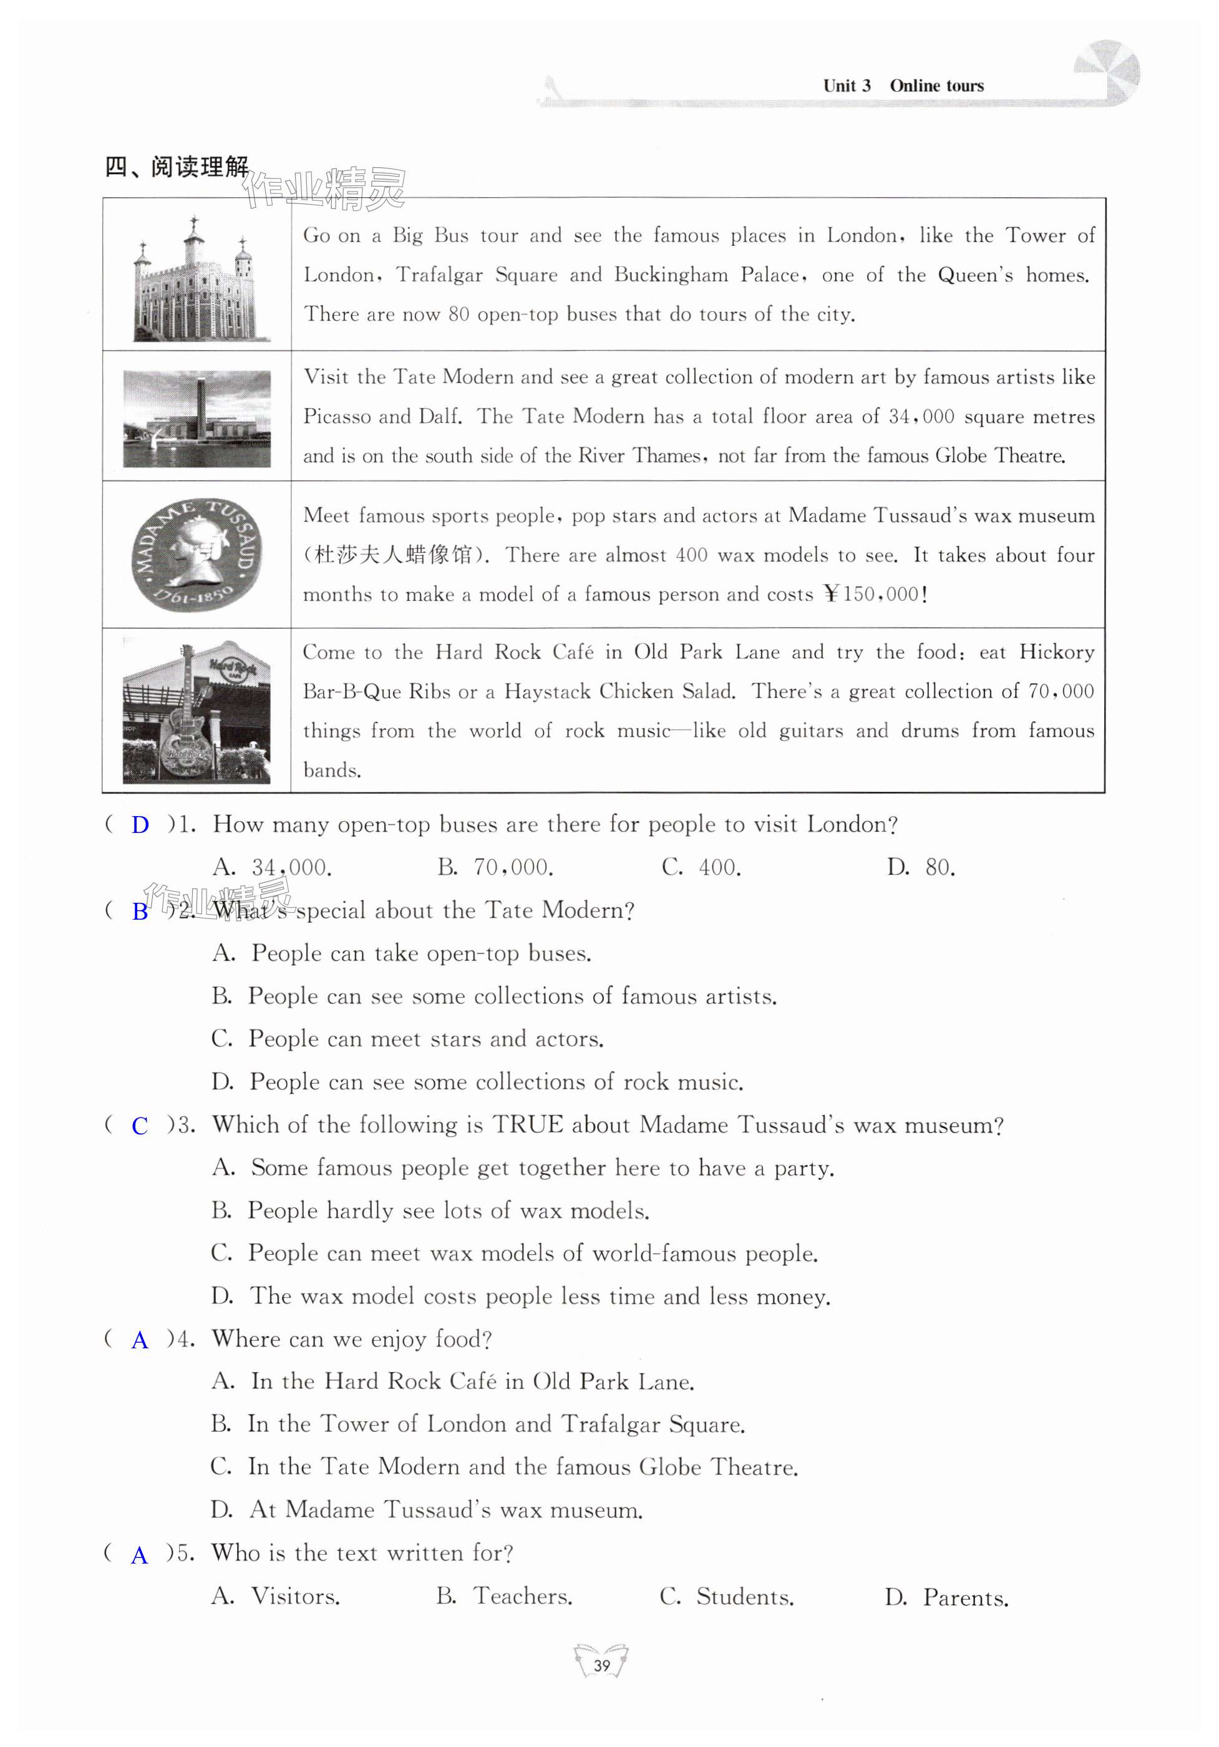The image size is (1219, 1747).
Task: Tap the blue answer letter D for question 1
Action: (140, 825)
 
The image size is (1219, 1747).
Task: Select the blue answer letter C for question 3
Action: (140, 1126)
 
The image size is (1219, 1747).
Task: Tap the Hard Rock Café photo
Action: (197, 711)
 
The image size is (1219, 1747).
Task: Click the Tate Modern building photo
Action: (197, 419)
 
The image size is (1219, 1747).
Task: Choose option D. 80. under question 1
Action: (921, 867)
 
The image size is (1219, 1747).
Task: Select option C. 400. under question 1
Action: (701, 867)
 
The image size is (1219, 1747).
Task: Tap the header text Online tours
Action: (936, 86)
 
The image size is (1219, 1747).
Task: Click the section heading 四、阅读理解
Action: (177, 167)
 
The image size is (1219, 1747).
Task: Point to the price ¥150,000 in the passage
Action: (875, 594)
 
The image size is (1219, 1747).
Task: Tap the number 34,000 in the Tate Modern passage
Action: (921, 417)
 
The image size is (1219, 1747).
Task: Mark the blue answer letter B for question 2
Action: (140, 912)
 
